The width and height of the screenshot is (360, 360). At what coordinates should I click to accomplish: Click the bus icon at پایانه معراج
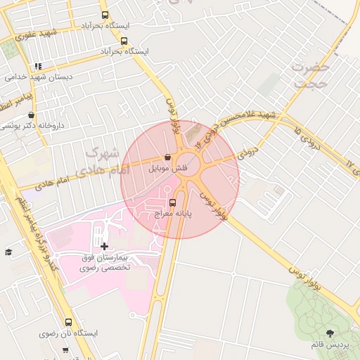(x=173, y=204)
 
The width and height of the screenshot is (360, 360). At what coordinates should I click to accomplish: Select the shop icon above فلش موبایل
(x=167, y=157)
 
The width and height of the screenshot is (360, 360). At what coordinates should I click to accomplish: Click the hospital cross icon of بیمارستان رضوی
(x=105, y=246)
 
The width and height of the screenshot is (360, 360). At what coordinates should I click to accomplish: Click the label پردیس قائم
(x=330, y=345)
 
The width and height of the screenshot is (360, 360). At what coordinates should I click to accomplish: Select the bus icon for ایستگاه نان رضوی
(x=68, y=321)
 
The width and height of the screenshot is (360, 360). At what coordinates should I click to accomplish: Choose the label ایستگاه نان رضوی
(x=68, y=333)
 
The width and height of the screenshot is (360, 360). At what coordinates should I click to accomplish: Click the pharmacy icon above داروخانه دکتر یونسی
(x=31, y=115)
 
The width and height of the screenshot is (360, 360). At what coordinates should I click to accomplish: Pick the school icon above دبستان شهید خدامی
(x=38, y=66)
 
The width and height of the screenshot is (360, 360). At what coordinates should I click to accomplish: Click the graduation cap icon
(x=8, y=252)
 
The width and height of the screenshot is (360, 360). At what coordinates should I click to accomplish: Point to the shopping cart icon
(x=65, y=349)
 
